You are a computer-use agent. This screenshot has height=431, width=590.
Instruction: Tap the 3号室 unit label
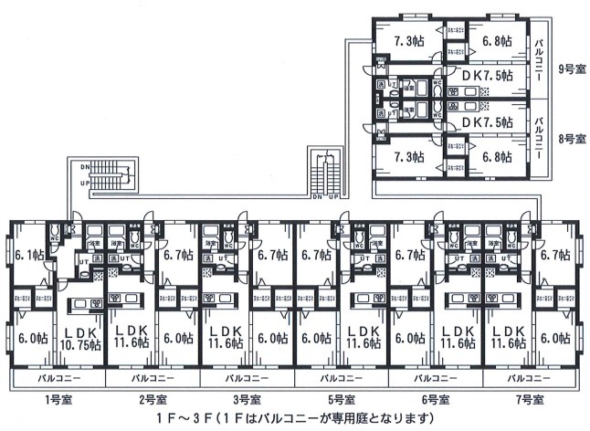click(247, 399)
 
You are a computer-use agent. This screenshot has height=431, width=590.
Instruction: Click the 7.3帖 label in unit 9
click(408, 40)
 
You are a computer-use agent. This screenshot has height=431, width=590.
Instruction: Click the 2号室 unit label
click(153, 399)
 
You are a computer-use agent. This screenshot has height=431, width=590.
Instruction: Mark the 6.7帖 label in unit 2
click(177, 255)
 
